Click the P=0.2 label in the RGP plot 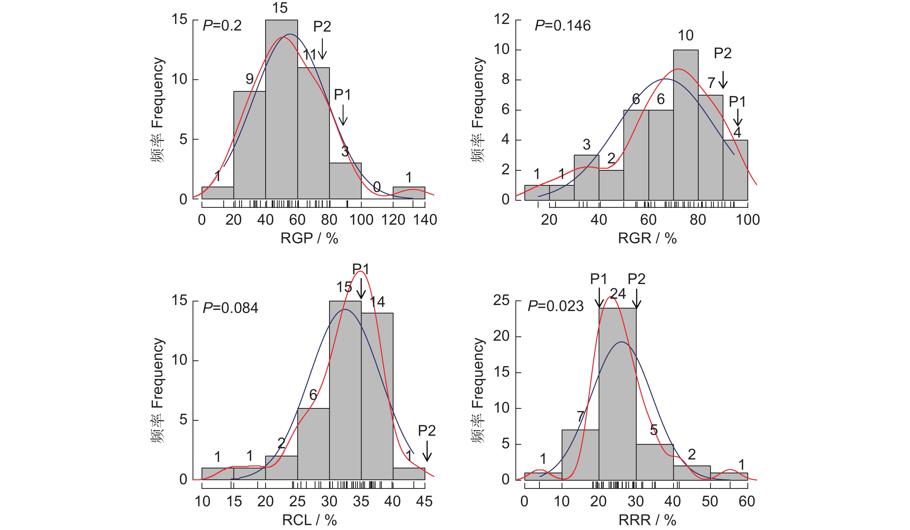[222, 26]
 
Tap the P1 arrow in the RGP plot [343, 115]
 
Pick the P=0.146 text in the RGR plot [563, 26]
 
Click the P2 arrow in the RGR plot [723, 80]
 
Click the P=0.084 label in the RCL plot [230, 308]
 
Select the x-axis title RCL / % [309, 520]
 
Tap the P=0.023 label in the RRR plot [555, 306]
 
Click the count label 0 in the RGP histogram [377, 187]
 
